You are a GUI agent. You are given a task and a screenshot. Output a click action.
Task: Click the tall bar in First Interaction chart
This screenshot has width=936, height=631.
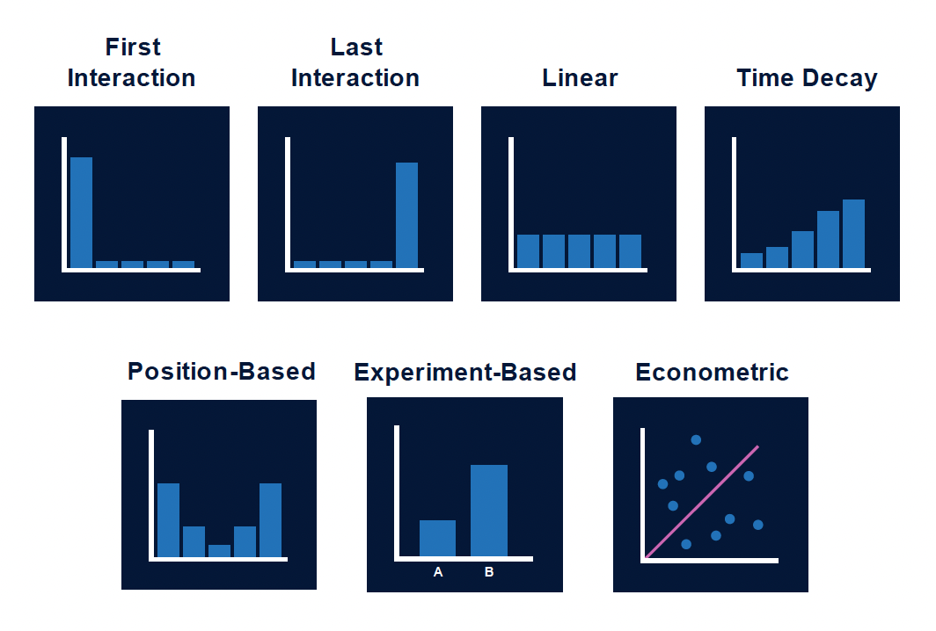tap(81, 212)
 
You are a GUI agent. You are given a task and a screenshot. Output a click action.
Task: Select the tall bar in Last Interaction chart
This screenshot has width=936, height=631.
tap(406, 214)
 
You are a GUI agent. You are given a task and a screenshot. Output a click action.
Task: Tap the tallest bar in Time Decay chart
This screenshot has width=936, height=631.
tap(853, 233)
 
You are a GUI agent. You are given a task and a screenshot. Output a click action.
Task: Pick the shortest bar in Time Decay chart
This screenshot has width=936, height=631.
tap(751, 260)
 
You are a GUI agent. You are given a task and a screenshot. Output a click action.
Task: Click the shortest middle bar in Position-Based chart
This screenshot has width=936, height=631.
tap(219, 551)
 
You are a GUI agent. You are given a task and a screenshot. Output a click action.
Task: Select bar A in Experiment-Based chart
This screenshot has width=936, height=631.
tap(437, 538)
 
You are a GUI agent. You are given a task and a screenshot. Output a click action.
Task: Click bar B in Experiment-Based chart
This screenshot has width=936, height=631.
tap(489, 510)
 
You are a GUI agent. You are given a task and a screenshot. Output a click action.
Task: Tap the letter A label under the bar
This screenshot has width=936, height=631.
tap(438, 572)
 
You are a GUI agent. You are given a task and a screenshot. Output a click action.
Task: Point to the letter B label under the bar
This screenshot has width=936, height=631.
tap(489, 572)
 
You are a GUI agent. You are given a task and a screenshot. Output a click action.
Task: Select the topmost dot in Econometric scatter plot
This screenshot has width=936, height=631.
tap(696, 439)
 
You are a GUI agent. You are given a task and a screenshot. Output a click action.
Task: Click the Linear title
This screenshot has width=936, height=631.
tap(580, 77)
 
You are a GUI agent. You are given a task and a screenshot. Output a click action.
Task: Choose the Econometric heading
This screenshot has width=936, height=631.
tap(712, 372)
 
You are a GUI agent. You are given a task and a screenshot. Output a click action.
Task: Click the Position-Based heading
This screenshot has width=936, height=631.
tap(221, 371)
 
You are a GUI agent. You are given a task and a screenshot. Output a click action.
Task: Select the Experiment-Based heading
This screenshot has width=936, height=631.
tap(464, 372)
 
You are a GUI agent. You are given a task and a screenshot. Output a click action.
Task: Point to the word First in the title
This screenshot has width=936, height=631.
tap(133, 47)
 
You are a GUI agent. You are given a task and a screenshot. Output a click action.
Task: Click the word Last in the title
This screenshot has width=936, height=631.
tap(356, 47)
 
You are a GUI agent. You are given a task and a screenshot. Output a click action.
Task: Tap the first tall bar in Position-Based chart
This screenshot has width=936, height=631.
tap(168, 519)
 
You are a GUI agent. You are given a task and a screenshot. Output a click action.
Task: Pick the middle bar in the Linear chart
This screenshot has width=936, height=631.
tap(579, 250)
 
